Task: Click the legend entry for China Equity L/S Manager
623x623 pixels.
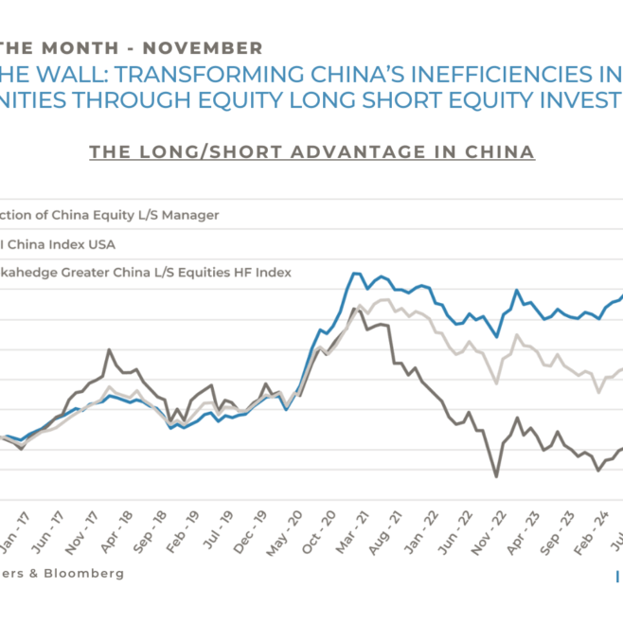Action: [109, 215]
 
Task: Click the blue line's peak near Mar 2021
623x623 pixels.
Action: [355, 274]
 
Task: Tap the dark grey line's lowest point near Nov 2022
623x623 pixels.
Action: [496, 476]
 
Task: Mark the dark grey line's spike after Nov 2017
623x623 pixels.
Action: [110, 350]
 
